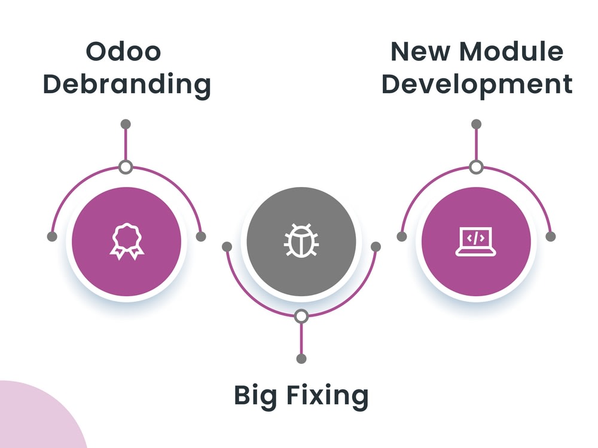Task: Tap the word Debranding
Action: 126,84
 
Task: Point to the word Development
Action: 477,84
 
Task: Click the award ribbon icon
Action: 126,241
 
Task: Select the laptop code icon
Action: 476,241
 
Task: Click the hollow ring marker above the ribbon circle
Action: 126,167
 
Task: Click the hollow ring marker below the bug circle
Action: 301,315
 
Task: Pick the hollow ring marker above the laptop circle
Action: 476,167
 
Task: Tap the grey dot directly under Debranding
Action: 126,124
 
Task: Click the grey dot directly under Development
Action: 476,124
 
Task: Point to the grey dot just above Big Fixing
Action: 301,358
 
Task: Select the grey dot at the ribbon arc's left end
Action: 52,237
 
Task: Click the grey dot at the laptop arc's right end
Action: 551,237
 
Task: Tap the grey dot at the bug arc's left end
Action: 227,246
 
